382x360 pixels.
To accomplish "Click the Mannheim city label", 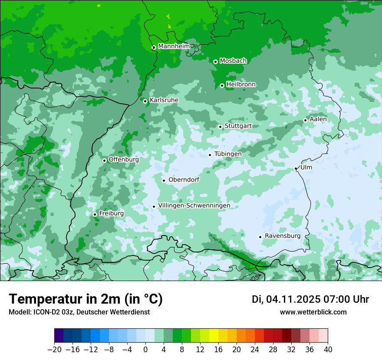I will pos(175,46).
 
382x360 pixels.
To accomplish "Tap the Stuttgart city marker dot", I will pos(221,127).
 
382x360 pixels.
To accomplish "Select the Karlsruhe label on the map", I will pos(164,100).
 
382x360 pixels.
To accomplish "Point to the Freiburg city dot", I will pos(95,214).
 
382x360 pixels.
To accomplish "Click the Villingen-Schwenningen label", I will pos(194,206).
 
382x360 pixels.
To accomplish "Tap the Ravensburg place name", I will pos(282,236).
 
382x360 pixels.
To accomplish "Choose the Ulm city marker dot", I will pos(296,168).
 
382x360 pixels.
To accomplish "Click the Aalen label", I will pos(318,119).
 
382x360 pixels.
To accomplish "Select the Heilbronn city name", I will pos(241,85).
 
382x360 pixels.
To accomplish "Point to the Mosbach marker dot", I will pos(215,62).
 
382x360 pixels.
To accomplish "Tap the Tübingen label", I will pos(228,154).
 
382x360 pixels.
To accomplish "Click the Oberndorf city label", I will pos(184,180).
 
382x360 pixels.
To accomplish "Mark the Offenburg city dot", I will pos(104,160).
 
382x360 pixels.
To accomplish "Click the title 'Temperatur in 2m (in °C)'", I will pos(86,299).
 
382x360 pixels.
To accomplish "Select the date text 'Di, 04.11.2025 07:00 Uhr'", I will pos(310,299).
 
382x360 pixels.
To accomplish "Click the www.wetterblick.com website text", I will pos(313,312).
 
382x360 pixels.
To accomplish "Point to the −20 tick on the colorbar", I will pos(54,350).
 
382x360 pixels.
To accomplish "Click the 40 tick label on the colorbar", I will pos(328,350).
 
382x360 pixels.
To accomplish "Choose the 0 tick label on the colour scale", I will pos(145,350).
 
